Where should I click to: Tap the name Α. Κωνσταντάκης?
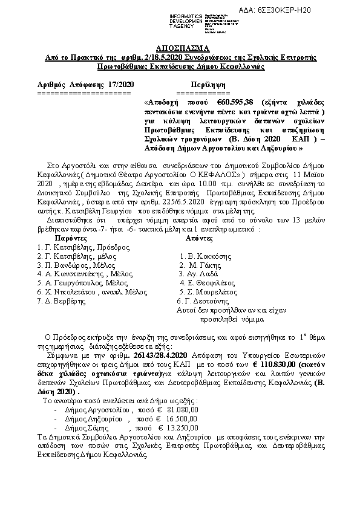(76, 273)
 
